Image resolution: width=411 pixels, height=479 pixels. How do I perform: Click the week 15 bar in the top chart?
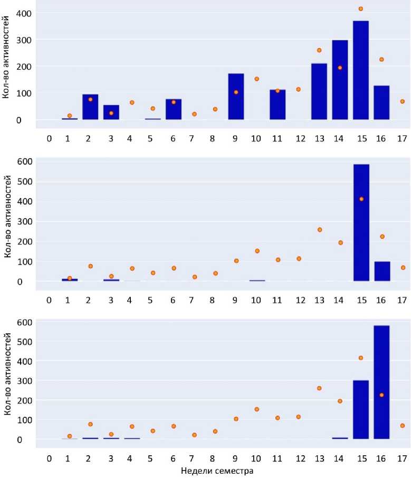[x=361, y=70]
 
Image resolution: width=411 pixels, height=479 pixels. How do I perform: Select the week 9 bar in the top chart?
[x=236, y=97]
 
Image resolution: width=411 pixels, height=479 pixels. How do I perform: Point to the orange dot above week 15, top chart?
[x=361, y=9]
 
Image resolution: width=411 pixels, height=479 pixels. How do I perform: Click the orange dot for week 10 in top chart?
[x=257, y=79]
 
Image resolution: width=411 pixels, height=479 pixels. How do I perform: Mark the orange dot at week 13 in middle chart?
[x=319, y=230]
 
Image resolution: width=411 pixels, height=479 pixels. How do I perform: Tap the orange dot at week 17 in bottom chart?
[x=403, y=426]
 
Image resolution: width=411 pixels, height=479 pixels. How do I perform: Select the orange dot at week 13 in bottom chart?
[x=319, y=388]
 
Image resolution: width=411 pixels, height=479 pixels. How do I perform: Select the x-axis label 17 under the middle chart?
[x=402, y=300]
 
